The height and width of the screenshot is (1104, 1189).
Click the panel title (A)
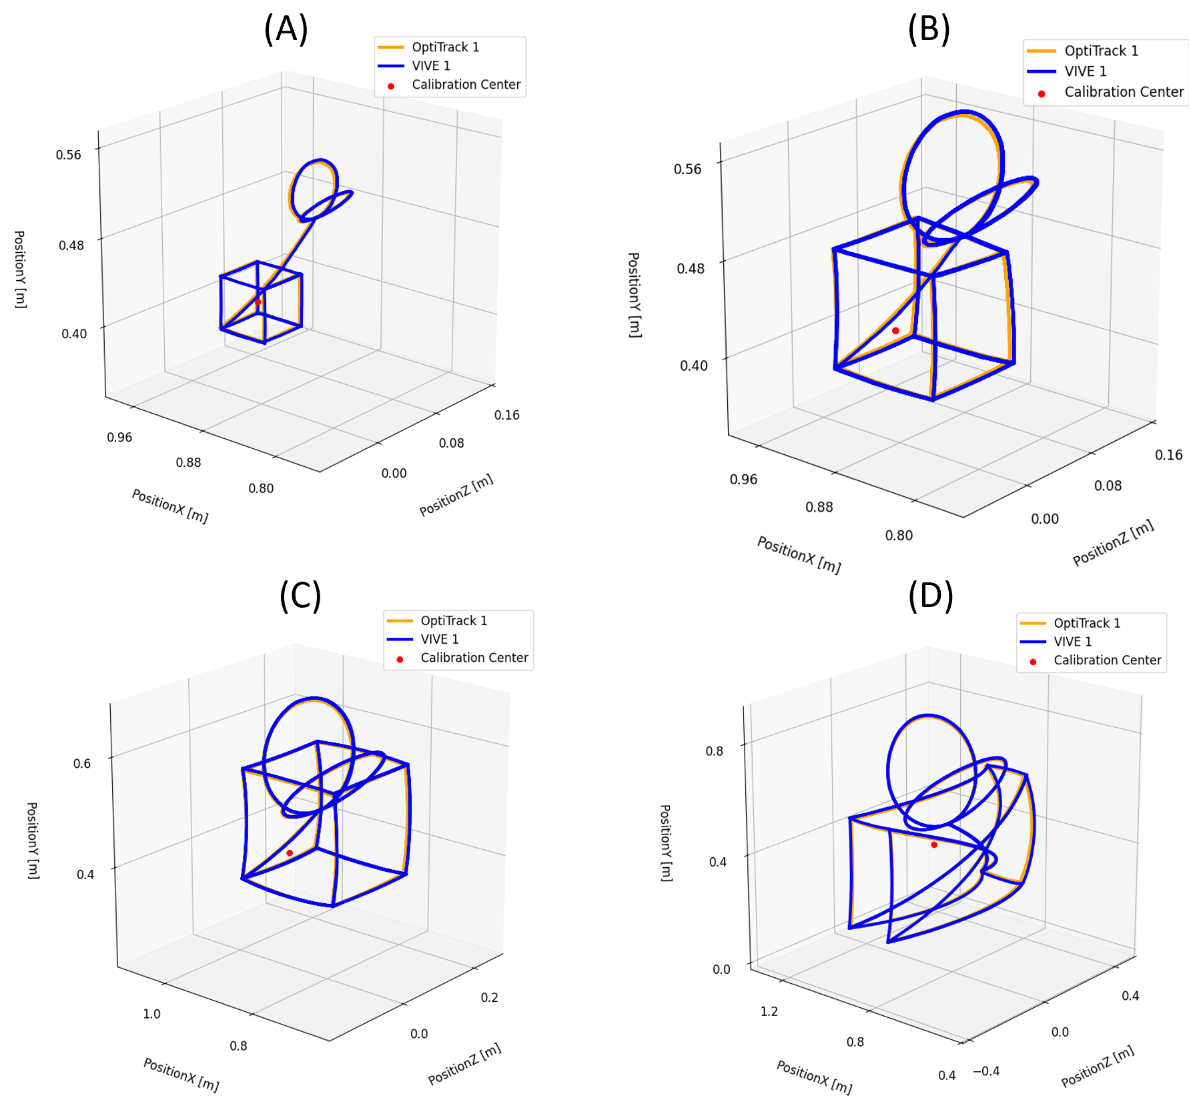tap(286, 29)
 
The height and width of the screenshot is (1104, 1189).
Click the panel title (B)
tap(928, 29)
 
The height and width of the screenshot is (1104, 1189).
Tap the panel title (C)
tap(300, 595)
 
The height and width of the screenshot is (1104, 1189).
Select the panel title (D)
tap(930, 595)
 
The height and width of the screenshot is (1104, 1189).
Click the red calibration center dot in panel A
tap(258, 302)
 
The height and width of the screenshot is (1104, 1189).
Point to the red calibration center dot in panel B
tap(895, 331)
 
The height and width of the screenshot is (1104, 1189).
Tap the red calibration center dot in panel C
tap(290, 853)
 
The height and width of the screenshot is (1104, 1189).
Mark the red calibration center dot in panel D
tap(934, 845)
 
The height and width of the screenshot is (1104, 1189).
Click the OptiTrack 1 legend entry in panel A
tap(445, 47)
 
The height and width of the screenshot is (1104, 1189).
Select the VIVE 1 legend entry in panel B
tap(1085, 71)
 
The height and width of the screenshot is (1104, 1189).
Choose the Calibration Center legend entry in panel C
tap(474, 658)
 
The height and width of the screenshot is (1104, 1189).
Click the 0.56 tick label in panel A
tap(69, 155)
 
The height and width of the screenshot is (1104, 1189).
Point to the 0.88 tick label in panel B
tap(819, 507)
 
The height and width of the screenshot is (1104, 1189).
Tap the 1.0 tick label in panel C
tap(151, 1014)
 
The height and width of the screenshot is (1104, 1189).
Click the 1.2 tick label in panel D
tap(769, 1011)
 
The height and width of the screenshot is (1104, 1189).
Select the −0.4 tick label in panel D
tap(986, 1071)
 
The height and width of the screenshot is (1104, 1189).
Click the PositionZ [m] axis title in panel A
tap(456, 494)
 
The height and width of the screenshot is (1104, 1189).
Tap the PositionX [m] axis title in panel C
tap(181, 1075)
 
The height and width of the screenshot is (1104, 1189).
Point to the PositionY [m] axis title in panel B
tap(635, 295)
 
